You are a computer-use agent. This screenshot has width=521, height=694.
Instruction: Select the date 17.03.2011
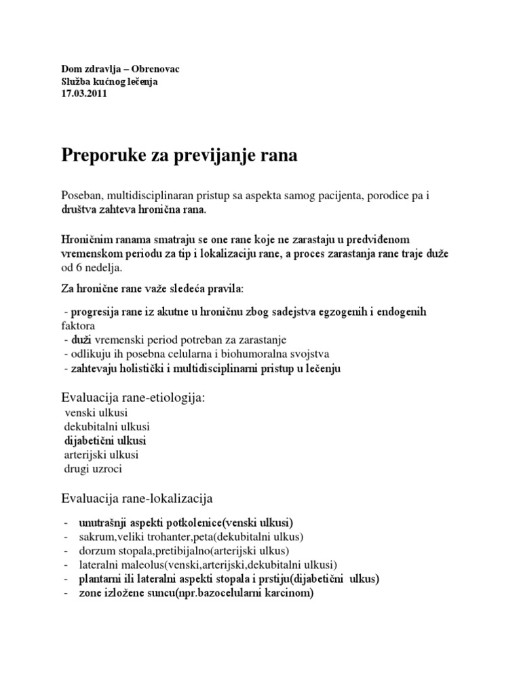(84, 94)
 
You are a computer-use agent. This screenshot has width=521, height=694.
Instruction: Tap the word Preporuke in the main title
(102, 156)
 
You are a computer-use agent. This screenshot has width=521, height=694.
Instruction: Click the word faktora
(80, 325)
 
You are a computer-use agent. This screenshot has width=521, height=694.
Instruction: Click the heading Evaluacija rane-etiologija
(133, 398)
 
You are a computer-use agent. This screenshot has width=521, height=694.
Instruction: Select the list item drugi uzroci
(94, 468)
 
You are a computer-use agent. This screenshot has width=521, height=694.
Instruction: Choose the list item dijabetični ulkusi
(105, 441)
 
